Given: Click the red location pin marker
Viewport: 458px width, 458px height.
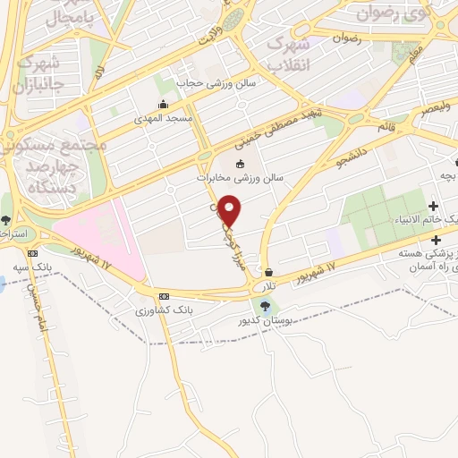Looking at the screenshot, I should (230, 210).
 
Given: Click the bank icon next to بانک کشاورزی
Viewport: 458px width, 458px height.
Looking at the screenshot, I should (164, 296).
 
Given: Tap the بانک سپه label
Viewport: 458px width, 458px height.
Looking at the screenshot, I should (32, 267).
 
